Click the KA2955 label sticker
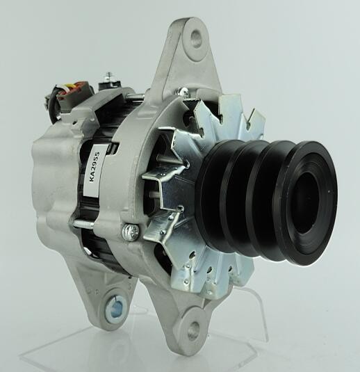pyautogui.click(x=95, y=170)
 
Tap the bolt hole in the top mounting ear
pyautogui.click(x=197, y=38)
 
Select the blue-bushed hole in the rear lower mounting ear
pyautogui.click(x=116, y=307)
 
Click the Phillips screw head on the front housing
pyautogui.click(x=130, y=230)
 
